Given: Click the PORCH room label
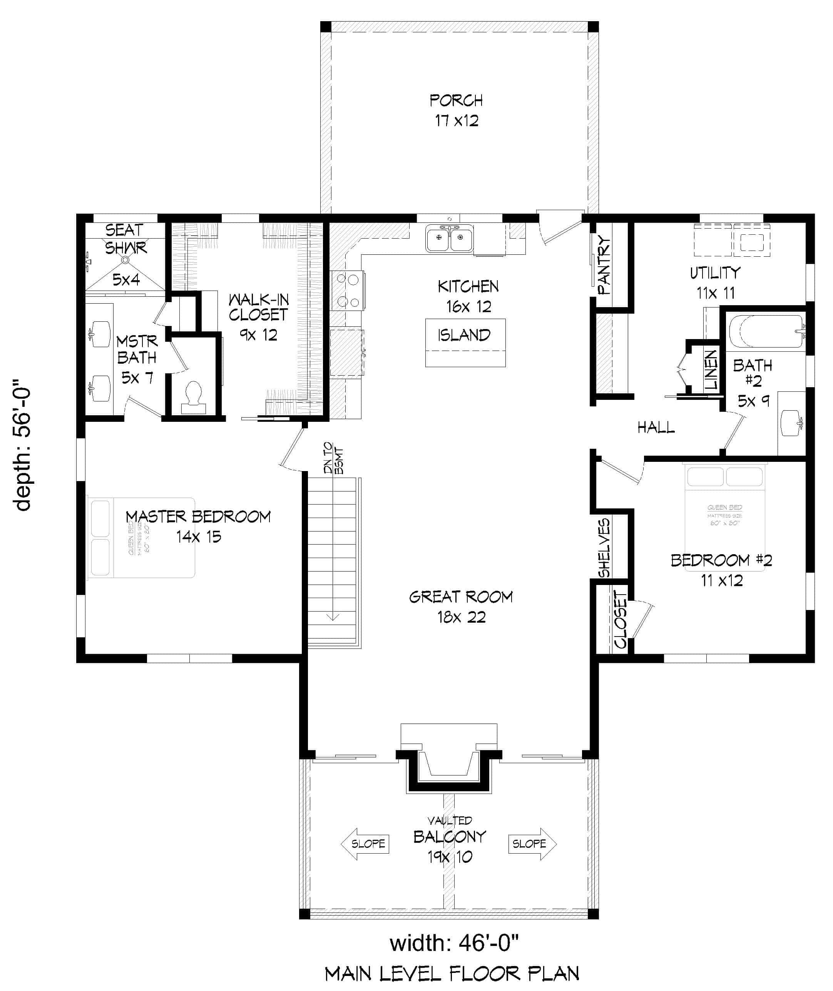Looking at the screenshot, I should tap(456, 100).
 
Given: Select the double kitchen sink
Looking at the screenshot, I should tap(449, 239).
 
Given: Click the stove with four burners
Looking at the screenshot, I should tap(348, 290).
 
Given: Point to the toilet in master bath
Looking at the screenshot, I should tap(193, 396).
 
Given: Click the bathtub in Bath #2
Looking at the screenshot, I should tap(766, 331).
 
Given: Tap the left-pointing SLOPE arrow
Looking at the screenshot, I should tap(365, 844).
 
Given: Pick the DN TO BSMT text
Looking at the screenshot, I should tap(333, 458).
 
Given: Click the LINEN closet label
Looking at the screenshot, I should tap(711, 370).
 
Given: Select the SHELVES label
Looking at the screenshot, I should tap(604, 548).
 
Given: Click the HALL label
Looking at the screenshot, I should tap(656, 428).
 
